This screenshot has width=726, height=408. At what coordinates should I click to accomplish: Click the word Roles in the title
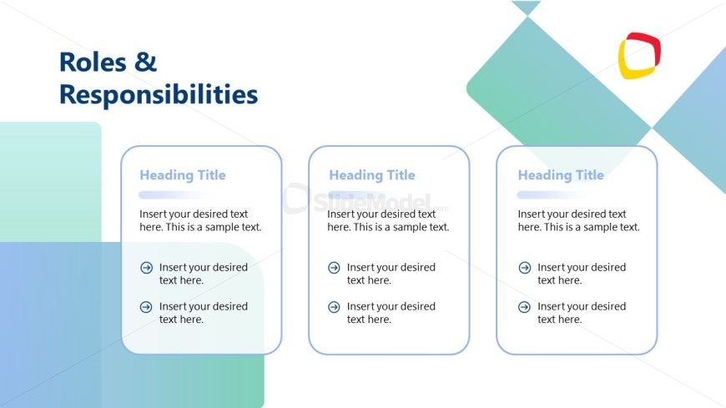coord(93,62)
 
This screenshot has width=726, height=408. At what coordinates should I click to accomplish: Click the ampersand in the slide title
coord(146,62)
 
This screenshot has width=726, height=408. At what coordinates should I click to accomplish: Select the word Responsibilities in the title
coord(159,95)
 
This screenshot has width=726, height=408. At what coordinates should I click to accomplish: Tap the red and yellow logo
coord(639,56)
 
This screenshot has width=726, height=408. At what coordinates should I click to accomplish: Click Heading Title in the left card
coord(183,175)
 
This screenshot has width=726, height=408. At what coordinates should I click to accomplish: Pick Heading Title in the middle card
coord(372,175)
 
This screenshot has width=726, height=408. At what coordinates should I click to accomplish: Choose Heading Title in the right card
coord(561,175)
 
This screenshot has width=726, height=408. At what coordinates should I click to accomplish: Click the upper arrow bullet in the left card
coord(146,267)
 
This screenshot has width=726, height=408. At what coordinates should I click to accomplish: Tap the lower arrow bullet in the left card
coord(146,306)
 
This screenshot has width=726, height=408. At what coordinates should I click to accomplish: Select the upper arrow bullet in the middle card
coord(334,267)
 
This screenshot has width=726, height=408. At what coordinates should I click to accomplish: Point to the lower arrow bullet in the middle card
coord(334,306)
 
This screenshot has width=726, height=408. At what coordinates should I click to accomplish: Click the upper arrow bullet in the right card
coord(525,267)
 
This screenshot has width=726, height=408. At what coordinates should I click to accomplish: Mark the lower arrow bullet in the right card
coord(525,306)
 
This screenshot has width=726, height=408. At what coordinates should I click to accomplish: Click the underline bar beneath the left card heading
coord(174,195)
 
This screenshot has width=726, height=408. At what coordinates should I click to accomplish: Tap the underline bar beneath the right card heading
coord(552,195)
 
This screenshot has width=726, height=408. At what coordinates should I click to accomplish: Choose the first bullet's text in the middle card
coord(391,274)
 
